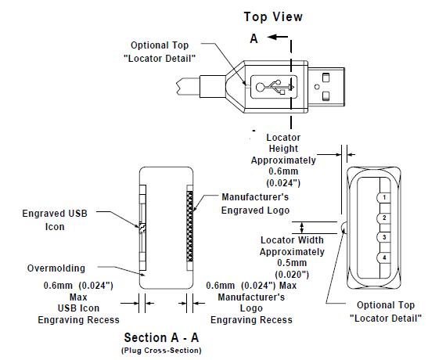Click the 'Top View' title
pyautogui.click(x=273, y=16)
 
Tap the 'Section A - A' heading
pyautogui.click(x=161, y=338)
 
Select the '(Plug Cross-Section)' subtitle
pyautogui.click(x=161, y=351)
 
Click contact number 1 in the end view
pyautogui.click(x=384, y=197)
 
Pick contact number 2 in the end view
pyautogui.click(x=384, y=218)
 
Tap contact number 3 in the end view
pyautogui.click(x=384, y=237)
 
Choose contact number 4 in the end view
pyautogui.click(x=384, y=257)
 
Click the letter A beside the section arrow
pyautogui.click(x=254, y=38)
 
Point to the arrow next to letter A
pyautogui.click(x=278, y=37)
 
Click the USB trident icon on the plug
pyautogui.click(x=275, y=87)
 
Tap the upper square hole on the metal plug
pyautogui.click(x=326, y=77)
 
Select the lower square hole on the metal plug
pyautogui.click(x=326, y=96)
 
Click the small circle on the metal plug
pyautogui.click(x=317, y=87)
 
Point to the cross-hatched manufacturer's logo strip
pyautogui.click(x=189, y=226)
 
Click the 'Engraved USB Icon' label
pyautogui.click(x=55, y=220)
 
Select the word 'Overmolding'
pyautogui.click(x=56, y=268)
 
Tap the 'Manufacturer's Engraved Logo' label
pyautogui.click(x=255, y=203)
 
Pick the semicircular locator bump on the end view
pyautogui.click(x=343, y=228)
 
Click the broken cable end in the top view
pyautogui.click(x=178, y=87)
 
